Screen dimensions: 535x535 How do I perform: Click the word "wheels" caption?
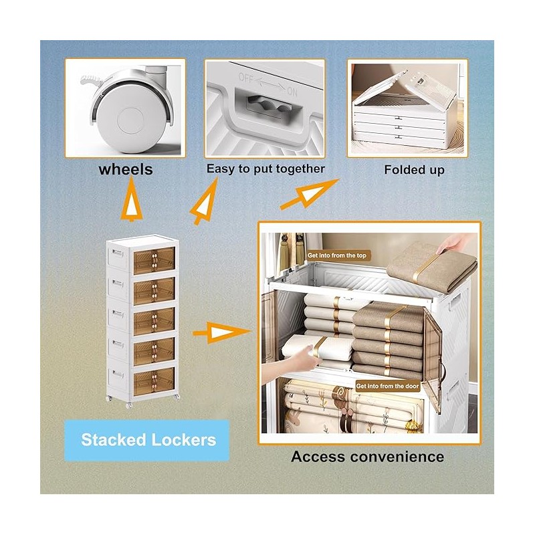tap(126, 169)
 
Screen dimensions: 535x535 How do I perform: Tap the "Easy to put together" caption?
tap(265, 169)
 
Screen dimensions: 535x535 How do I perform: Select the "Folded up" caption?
tap(414, 170)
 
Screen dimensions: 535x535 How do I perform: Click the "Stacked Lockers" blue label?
tap(147, 440)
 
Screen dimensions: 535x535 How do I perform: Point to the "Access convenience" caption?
tap(367, 457)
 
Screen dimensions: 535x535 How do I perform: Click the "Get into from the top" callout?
tap(337, 255)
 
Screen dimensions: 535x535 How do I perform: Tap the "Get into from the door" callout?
tap(387, 387)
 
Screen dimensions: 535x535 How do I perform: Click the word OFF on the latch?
tap(245, 78)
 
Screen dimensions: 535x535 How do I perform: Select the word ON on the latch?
tap(292, 92)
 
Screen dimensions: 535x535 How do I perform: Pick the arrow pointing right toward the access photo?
tap(222, 332)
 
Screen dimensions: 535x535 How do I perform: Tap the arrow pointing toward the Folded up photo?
tap(309, 194)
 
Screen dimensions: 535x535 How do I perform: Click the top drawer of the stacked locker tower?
tap(154, 261)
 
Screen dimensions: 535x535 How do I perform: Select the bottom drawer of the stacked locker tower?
tap(154, 381)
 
